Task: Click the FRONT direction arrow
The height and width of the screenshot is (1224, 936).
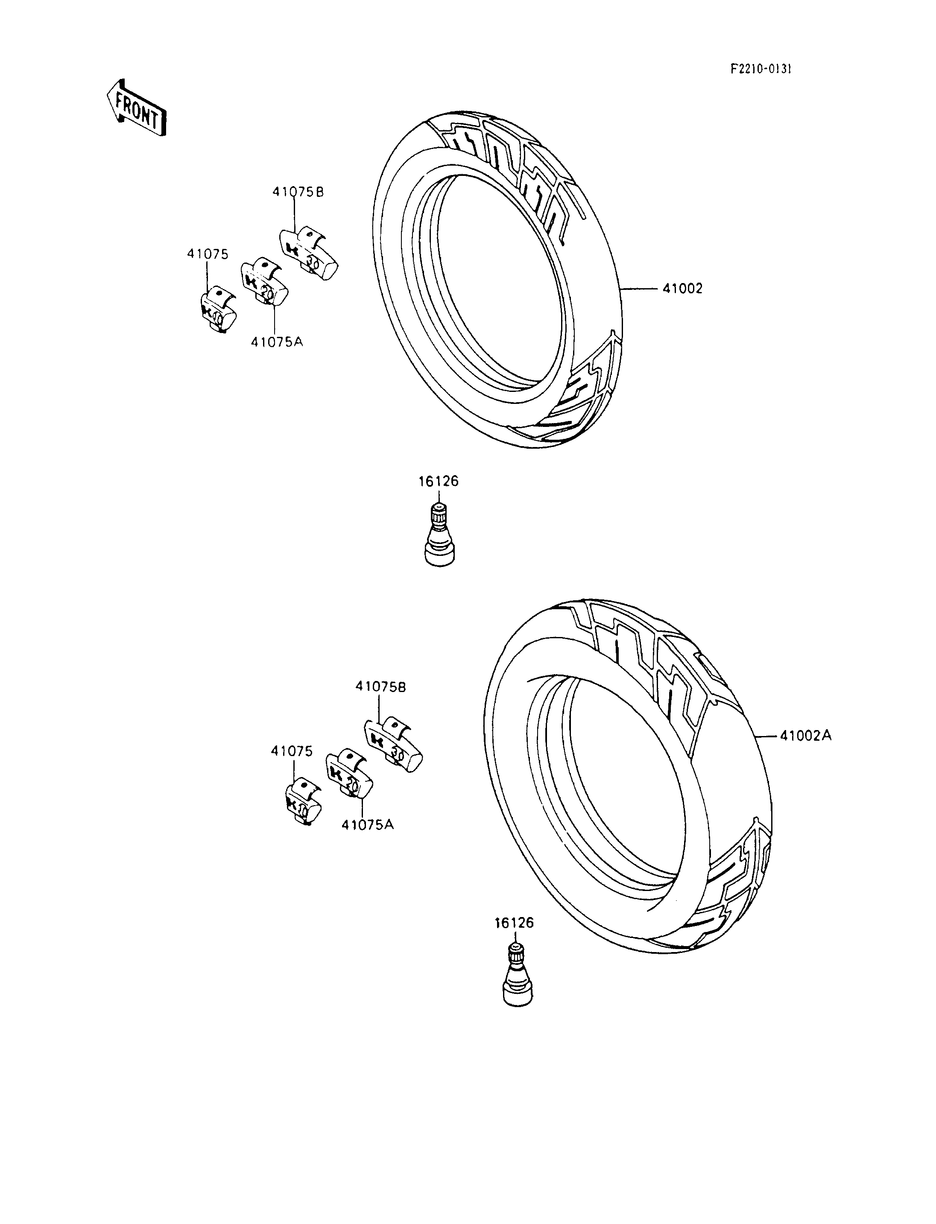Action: (x=137, y=108)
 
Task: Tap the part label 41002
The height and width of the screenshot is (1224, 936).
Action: (x=682, y=289)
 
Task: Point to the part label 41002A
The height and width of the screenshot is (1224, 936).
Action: (x=806, y=736)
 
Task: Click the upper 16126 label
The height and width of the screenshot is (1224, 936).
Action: (x=439, y=481)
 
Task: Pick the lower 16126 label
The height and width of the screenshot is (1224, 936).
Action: (x=514, y=923)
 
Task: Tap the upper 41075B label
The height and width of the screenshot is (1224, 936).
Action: (x=298, y=192)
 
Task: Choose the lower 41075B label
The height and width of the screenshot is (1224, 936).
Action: (x=381, y=687)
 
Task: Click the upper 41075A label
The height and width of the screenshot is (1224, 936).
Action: (x=276, y=342)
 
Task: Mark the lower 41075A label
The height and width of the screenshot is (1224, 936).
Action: (x=368, y=840)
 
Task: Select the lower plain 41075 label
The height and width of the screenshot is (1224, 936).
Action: (x=292, y=751)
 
